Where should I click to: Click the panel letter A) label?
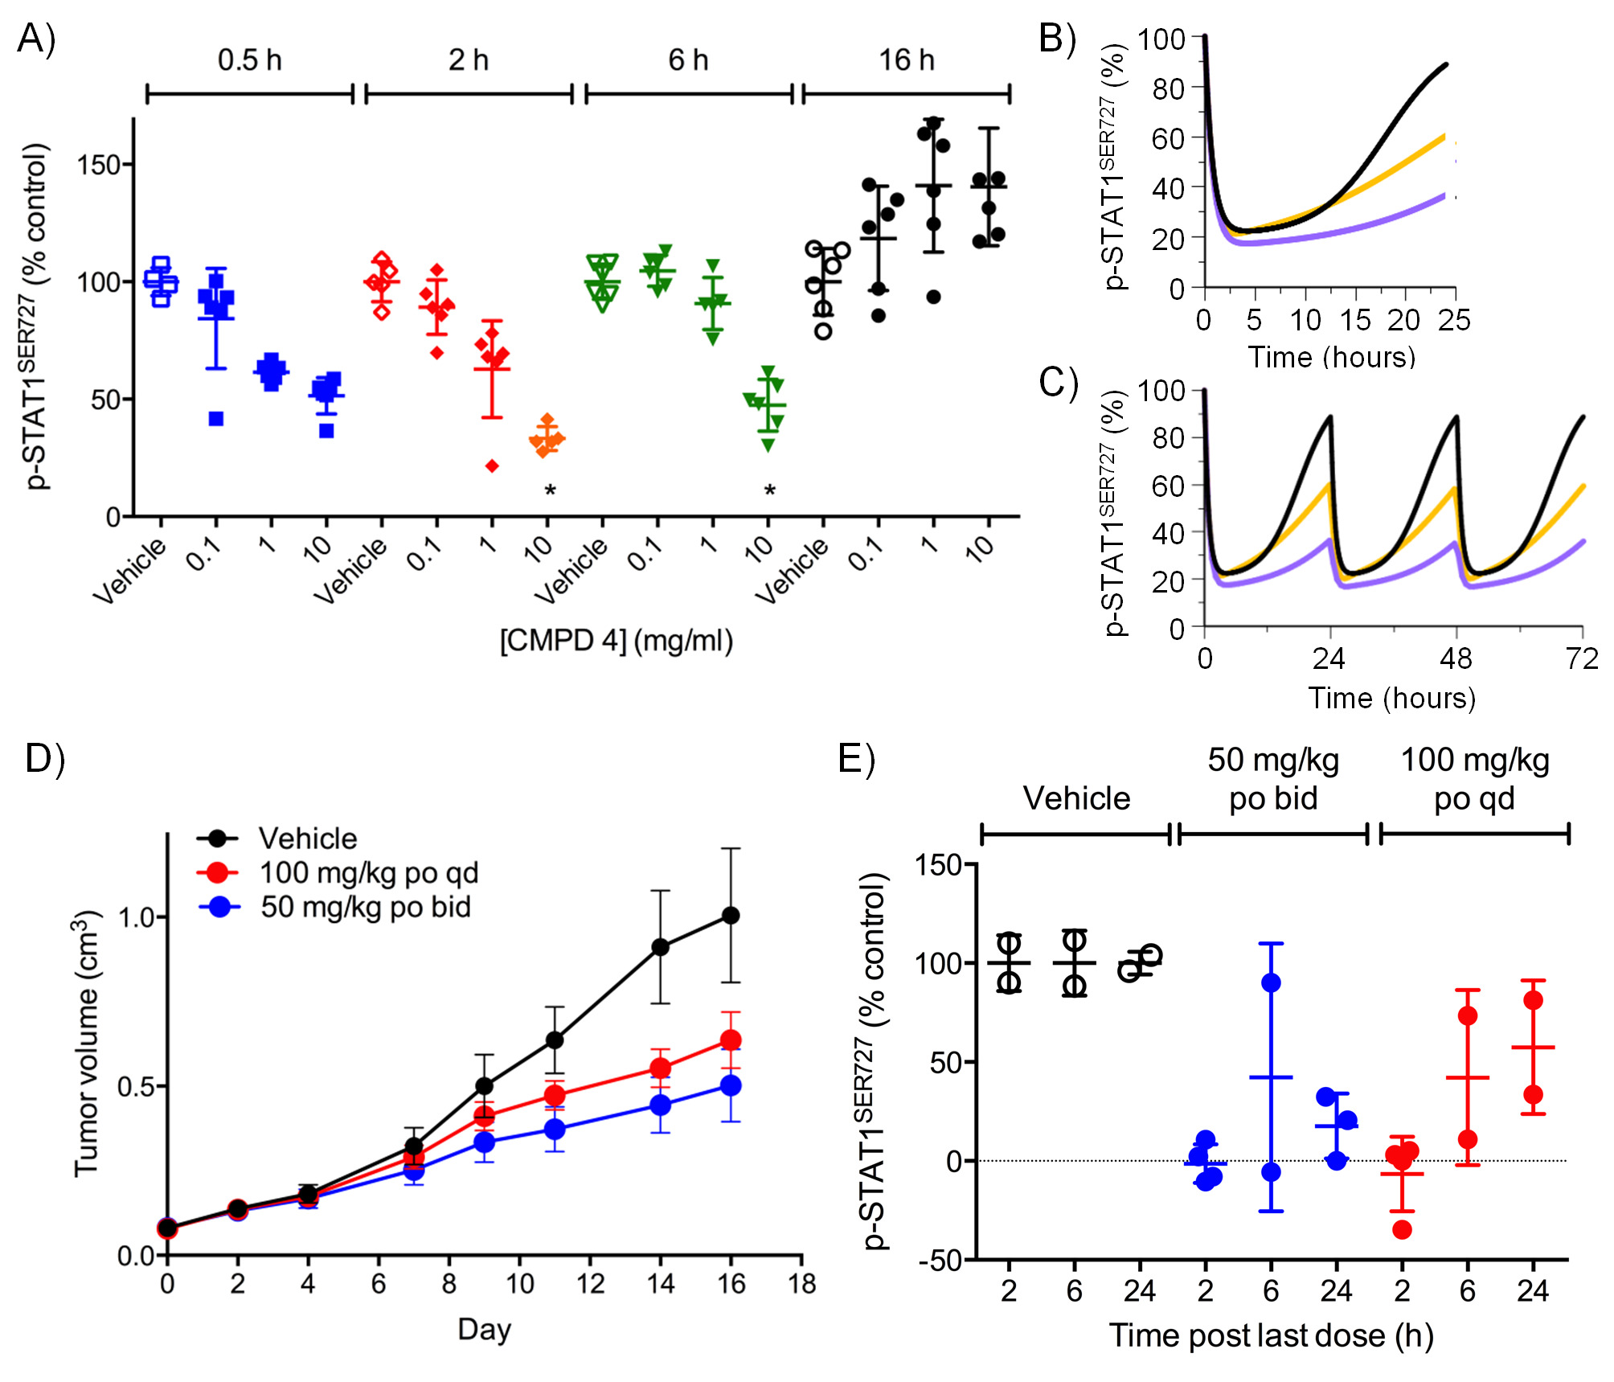pyautogui.click(x=36, y=38)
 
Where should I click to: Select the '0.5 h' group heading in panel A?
pyautogui.click(x=249, y=60)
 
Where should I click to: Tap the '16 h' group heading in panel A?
pyautogui.click(x=906, y=60)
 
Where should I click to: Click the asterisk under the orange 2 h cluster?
pyautogui.click(x=550, y=490)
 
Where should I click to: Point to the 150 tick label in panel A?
pyautogui.click(x=98, y=166)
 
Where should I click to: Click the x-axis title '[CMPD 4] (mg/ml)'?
pyautogui.click(x=617, y=641)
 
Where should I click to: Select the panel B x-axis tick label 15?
pyautogui.click(x=1355, y=320)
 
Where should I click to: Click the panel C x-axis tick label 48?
pyautogui.click(x=1456, y=659)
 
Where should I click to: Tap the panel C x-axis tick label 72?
pyautogui.click(x=1582, y=659)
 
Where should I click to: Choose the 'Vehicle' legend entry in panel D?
pyautogui.click(x=307, y=839)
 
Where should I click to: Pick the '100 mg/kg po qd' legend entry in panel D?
pyautogui.click(x=368, y=873)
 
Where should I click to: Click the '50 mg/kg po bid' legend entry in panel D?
pyautogui.click(x=365, y=907)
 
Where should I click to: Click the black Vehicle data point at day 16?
pyautogui.click(x=731, y=915)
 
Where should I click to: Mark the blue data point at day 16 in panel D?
pyautogui.click(x=731, y=1085)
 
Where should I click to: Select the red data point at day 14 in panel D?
pyautogui.click(x=661, y=1068)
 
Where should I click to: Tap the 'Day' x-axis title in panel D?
pyautogui.click(x=484, y=1329)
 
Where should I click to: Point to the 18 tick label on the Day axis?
pyautogui.click(x=801, y=1283)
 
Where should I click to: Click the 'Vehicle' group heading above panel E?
pyautogui.click(x=1076, y=798)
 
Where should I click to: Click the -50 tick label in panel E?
pyautogui.click(x=940, y=1261)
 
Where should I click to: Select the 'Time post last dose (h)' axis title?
pyautogui.click(x=1272, y=1335)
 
